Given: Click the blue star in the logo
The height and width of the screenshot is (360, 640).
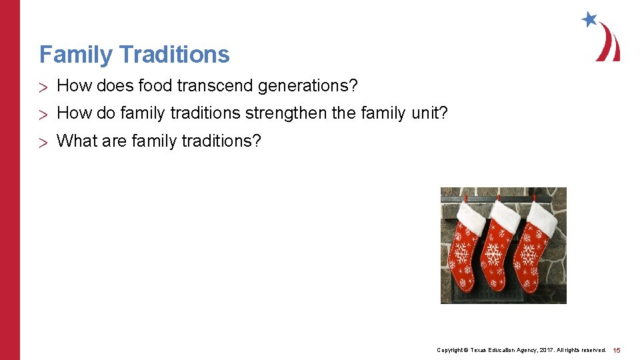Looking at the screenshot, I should click(x=589, y=19).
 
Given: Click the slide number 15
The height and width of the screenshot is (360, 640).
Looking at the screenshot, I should click(x=617, y=350).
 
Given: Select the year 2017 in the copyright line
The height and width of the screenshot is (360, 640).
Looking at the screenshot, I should click(x=547, y=350).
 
